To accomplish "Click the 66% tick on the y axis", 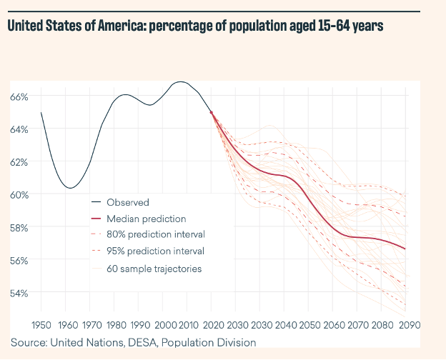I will [19, 96].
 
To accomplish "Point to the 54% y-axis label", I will [19, 293].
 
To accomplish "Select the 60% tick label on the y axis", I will [19, 195].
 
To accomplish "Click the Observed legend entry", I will [127, 202].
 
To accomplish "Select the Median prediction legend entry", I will [146, 219].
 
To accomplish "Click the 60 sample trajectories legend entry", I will [154, 269].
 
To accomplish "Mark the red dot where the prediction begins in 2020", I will [212, 112].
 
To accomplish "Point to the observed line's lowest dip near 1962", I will [69, 188].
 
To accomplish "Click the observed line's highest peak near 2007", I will [181, 82].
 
